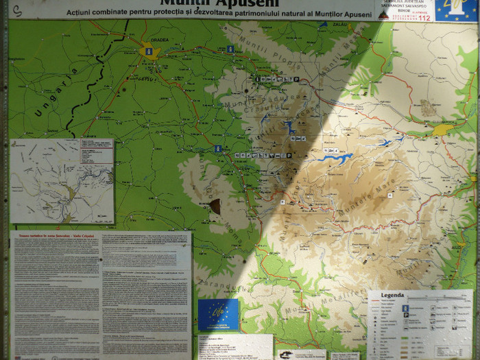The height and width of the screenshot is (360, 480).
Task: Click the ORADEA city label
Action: coord(159,39)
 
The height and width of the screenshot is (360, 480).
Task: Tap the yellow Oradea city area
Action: coord(149,51)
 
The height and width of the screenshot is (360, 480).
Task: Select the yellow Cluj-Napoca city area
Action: coord(442,129)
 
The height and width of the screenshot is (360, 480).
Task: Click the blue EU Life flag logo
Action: coord(218,313)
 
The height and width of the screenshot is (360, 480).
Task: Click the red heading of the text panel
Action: coord(51,237)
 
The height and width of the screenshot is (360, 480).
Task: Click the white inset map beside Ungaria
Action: coord(62,181)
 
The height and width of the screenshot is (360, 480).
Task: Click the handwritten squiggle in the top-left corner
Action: coord(8,10)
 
